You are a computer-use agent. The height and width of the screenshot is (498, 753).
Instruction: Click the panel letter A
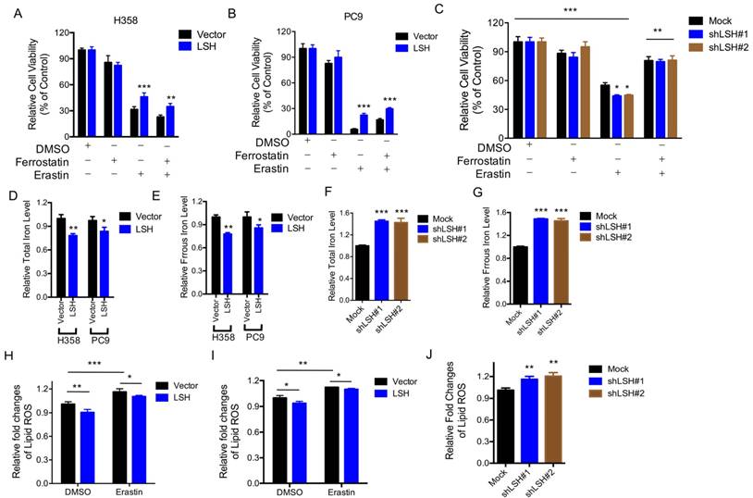[11, 13]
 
